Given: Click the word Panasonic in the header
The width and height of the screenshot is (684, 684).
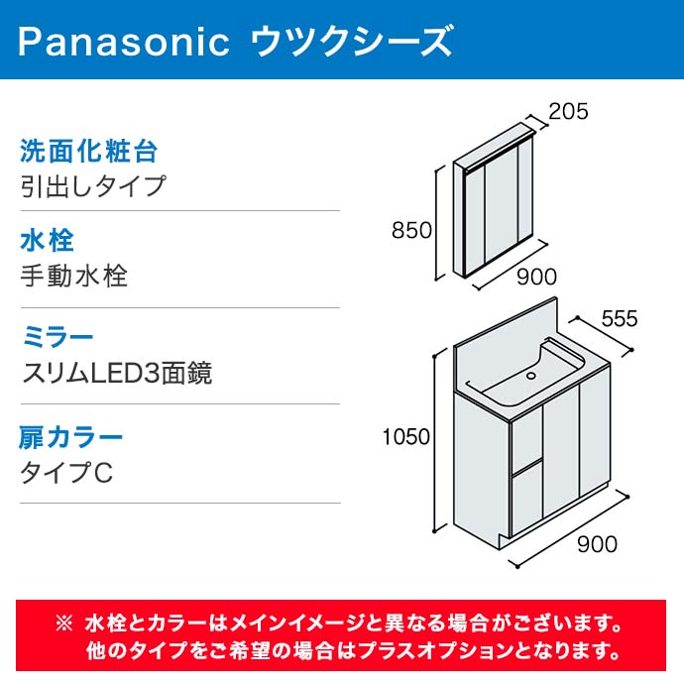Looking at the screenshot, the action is [x=124, y=42].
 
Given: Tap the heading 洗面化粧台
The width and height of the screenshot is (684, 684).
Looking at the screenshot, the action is [x=88, y=152].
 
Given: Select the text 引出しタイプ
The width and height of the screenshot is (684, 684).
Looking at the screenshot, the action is [x=93, y=186].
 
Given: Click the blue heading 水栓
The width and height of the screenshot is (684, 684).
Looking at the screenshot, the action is [x=48, y=240].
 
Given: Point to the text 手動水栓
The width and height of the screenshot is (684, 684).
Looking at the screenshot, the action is [x=74, y=276].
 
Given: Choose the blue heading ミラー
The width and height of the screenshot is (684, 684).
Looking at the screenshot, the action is [x=58, y=338].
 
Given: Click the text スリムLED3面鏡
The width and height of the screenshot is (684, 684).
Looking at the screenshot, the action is [x=117, y=373].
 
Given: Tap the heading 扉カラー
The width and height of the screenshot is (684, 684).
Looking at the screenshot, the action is [x=70, y=437].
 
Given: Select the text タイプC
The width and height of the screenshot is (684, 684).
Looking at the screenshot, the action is [x=66, y=473].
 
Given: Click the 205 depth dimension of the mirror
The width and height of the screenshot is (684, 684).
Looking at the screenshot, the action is [x=568, y=111].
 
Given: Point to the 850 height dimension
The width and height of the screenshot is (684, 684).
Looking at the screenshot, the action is [x=411, y=230].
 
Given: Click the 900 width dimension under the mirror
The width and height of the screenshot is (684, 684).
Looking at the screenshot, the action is [x=536, y=277].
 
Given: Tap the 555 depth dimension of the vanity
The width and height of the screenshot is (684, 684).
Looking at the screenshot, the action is [x=620, y=319].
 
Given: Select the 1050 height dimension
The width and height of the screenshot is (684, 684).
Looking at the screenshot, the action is [x=406, y=436].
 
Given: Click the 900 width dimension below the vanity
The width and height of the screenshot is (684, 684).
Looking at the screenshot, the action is [x=597, y=544].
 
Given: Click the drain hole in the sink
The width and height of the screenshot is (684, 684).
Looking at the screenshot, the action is [x=531, y=375].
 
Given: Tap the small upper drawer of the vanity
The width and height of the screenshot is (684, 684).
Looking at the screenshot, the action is [x=527, y=440].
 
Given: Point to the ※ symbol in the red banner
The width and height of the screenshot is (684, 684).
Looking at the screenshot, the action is [x=64, y=624].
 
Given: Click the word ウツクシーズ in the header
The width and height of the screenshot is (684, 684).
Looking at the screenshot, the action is [x=352, y=41].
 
